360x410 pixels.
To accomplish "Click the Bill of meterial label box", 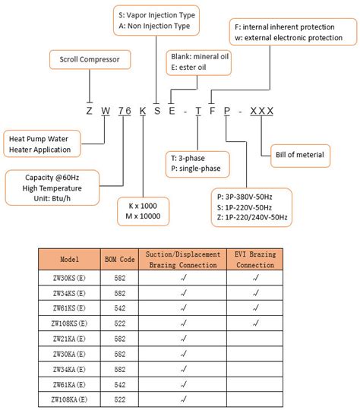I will tap(299, 155).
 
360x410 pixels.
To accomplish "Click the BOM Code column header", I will tap(118, 259).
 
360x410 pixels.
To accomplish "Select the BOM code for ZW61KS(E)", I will tap(118, 308).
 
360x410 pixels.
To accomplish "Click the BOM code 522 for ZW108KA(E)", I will tap(118, 399).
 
